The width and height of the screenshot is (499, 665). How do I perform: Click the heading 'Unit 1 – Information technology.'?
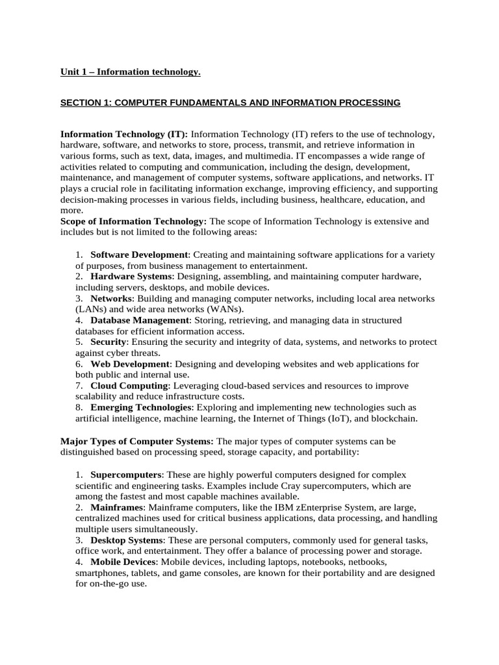click(x=131, y=71)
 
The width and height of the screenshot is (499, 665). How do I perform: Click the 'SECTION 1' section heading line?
click(x=230, y=103)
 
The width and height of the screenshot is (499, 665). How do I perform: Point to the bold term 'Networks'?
click(x=111, y=298)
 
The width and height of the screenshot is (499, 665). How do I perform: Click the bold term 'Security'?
click(x=109, y=342)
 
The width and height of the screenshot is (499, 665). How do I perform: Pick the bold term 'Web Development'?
click(x=130, y=364)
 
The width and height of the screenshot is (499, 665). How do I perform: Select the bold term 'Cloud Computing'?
click(x=129, y=386)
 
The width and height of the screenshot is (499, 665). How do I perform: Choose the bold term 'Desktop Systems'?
click(x=127, y=540)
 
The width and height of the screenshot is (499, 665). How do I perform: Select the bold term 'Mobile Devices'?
click(x=123, y=561)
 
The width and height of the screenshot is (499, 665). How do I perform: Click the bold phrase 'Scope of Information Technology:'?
click(x=133, y=221)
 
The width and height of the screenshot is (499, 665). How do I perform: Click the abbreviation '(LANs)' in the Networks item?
click(x=92, y=309)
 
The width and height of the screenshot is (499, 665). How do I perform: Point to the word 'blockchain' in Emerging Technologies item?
click(x=394, y=419)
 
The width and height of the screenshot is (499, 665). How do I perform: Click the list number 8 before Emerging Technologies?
click(x=79, y=408)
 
